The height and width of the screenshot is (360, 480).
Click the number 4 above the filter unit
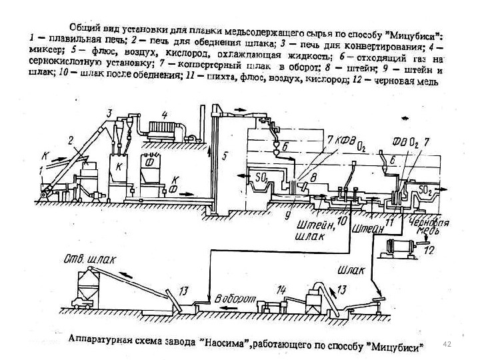[163, 115]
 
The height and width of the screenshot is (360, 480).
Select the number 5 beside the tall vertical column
[225, 157]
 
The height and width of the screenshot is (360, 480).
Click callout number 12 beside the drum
[429, 250]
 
